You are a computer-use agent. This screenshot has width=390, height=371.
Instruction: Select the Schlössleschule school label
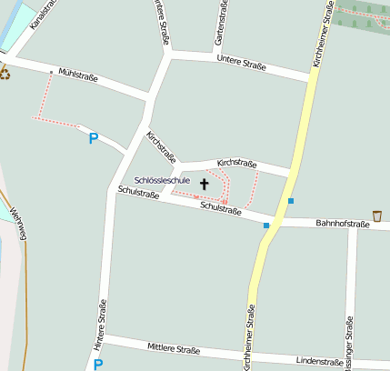pyautogui.click(x=162, y=180)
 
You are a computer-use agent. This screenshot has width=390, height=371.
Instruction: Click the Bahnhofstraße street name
pyautogui.click(x=342, y=223)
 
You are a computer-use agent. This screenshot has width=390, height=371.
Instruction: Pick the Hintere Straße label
pyautogui.click(x=100, y=325)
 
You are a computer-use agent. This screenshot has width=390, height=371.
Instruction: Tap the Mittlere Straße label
pyautogui.click(x=174, y=348)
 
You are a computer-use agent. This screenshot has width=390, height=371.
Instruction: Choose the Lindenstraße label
pyautogui.click(x=319, y=362)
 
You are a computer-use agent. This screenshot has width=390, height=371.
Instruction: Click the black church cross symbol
pyautogui.click(x=204, y=184)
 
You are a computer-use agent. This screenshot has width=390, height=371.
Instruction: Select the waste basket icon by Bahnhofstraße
pyautogui.click(x=377, y=216)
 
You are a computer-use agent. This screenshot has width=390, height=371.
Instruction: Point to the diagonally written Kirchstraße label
pyautogui.click(x=161, y=145)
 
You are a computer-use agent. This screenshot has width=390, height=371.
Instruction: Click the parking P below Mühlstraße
pyautogui.click(x=93, y=139)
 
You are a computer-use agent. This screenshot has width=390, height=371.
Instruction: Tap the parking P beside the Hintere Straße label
pyautogui.click(x=98, y=365)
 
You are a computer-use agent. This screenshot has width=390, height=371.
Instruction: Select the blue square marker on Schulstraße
pyautogui.click(x=266, y=225)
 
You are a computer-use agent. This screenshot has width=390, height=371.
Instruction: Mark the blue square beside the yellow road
pyautogui.click(x=291, y=200)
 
